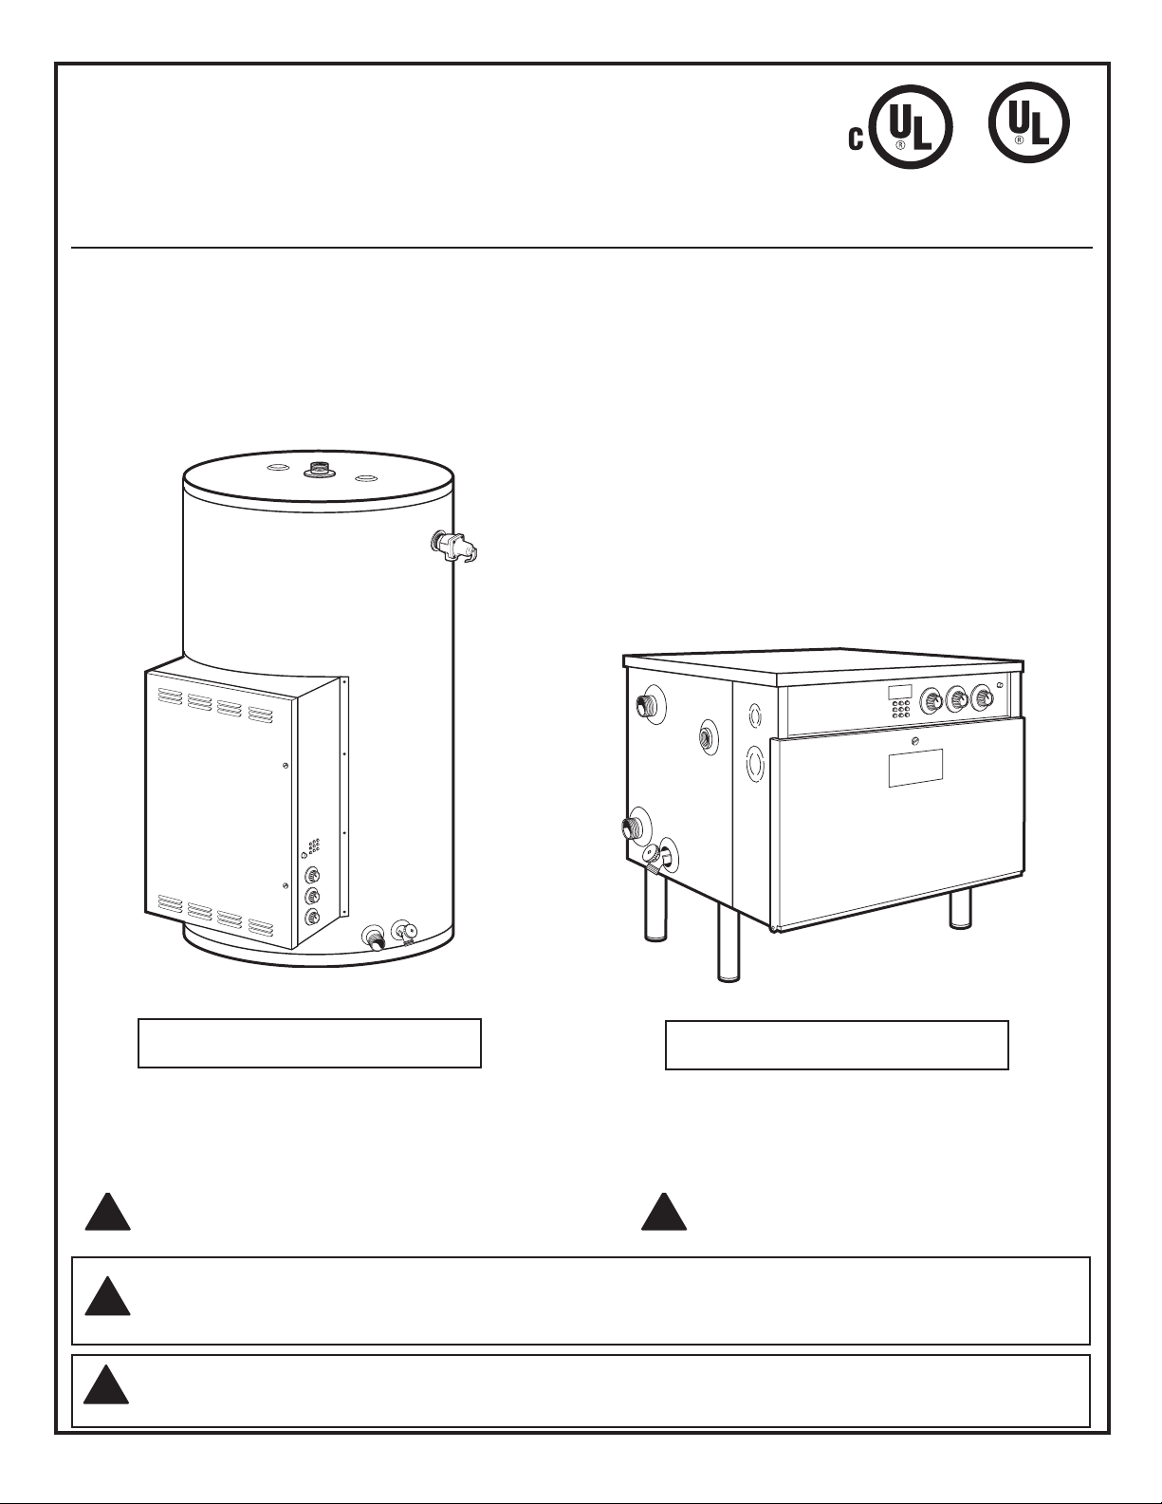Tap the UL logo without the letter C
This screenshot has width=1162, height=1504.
point(1028,123)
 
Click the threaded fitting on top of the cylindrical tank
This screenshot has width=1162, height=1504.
point(318,469)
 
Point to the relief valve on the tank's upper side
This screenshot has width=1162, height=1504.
point(454,547)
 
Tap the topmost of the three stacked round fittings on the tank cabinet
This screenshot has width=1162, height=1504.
point(312,874)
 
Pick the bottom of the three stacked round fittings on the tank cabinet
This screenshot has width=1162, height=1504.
point(312,918)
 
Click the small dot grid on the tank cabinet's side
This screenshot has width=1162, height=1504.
point(314,845)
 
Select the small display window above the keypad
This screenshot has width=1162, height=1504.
point(900,692)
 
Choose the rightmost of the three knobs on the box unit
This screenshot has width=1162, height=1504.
point(983,699)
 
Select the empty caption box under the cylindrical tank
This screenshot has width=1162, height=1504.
point(309,1042)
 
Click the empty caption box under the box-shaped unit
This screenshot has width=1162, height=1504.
point(837,1045)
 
